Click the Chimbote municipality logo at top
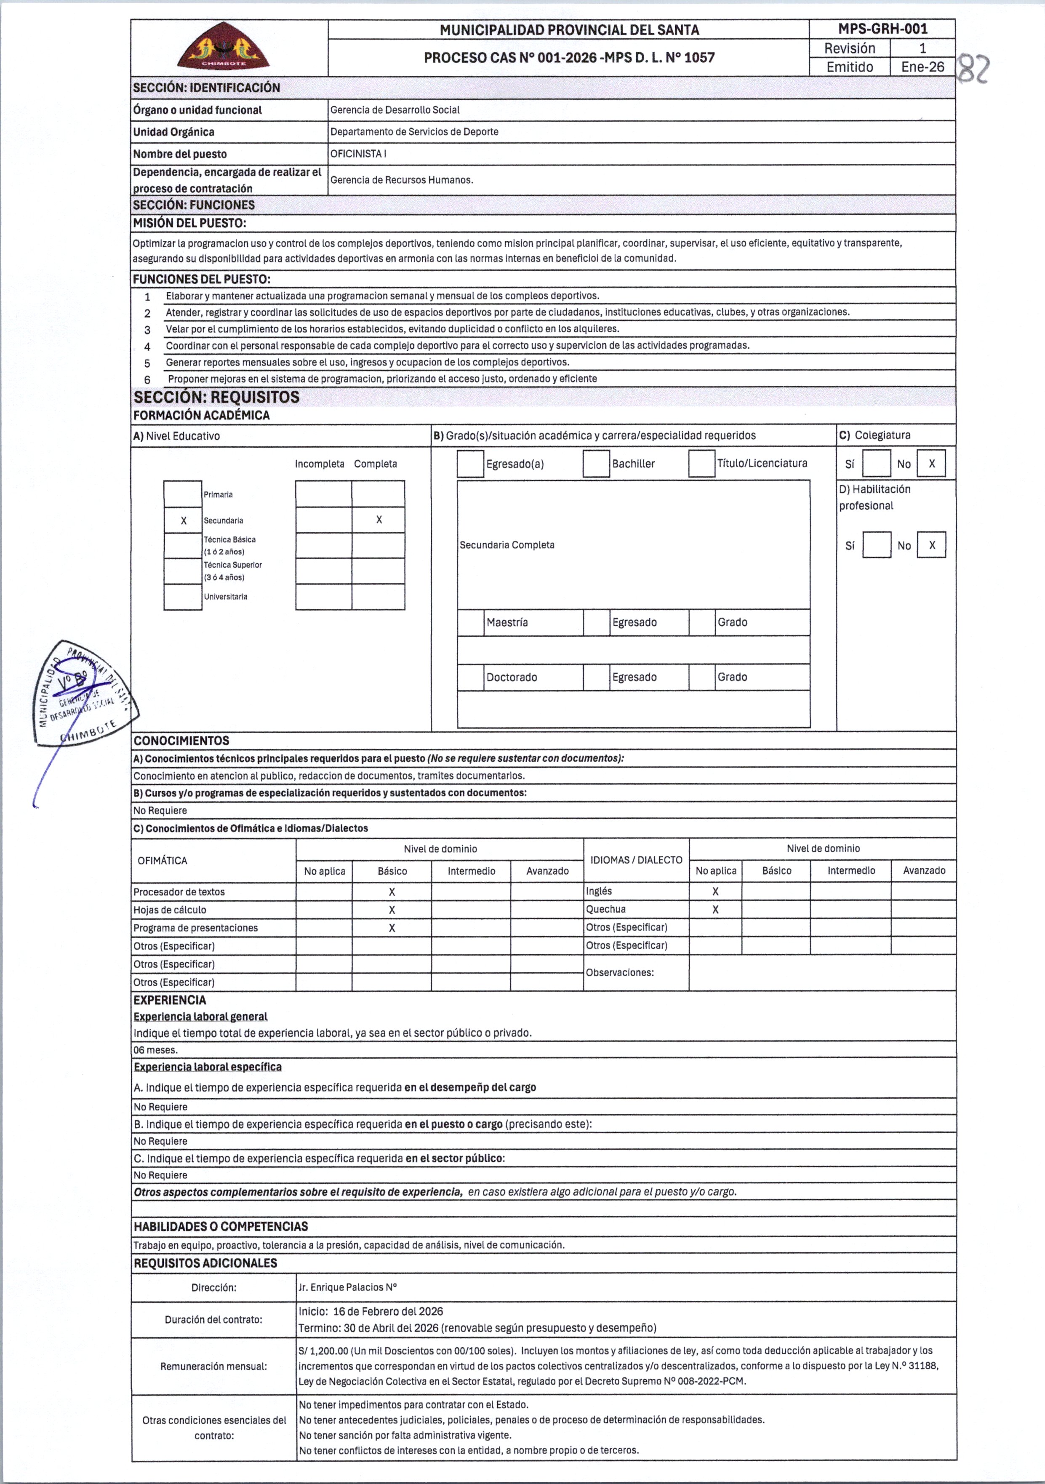tap(223, 47)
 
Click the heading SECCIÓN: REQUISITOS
tap(216, 397)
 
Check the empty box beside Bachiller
tap(596, 463)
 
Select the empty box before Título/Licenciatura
tap(701, 463)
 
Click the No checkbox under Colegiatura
tap(931, 463)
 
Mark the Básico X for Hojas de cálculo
tap(392, 910)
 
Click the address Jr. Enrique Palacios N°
tap(348, 1287)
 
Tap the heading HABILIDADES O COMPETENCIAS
tap(220, 1227)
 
